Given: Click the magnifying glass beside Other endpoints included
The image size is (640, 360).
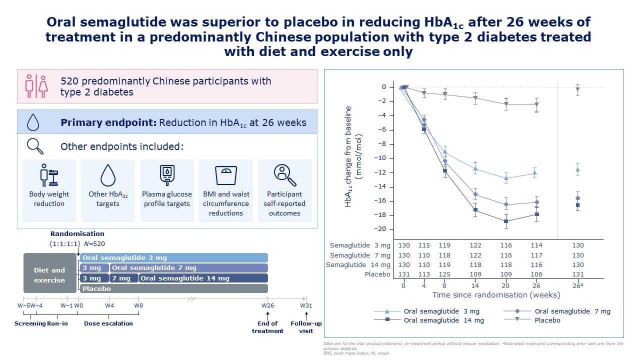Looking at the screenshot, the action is pos(35,146).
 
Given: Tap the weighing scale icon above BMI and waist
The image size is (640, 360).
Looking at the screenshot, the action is pos(225,175).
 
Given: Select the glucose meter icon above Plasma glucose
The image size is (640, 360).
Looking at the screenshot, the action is pos(167,175).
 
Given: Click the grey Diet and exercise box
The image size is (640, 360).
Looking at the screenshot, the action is pos(50,273).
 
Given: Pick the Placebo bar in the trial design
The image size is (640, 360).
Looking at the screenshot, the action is pos(174,288).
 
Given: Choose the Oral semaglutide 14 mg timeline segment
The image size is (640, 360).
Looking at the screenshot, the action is pos(203,278).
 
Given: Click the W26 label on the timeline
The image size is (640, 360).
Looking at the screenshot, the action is pos(267,305).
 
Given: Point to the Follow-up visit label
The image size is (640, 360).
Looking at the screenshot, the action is pos(306,327).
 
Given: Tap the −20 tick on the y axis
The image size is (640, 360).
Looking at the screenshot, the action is pos(379,229).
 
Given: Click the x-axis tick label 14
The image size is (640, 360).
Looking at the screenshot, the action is pos(475,285).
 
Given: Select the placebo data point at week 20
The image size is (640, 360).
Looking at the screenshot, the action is pos(506,104).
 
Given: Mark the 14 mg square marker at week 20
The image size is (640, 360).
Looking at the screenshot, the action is pos(506,221).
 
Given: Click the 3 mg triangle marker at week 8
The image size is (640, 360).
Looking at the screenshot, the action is pos(445,151).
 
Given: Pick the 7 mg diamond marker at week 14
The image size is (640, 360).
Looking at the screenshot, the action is pos(475,194).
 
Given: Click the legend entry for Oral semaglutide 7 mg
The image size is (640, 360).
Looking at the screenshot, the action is pos(557,311).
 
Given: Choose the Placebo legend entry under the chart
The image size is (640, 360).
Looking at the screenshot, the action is pos(531,320).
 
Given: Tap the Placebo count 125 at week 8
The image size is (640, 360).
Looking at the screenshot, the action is pos(444,274).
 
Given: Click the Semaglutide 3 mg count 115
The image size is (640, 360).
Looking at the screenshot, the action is pos(424,245).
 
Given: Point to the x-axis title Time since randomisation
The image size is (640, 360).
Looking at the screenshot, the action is pos(496,295).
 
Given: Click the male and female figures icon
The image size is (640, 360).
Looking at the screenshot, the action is pos(36,86).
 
